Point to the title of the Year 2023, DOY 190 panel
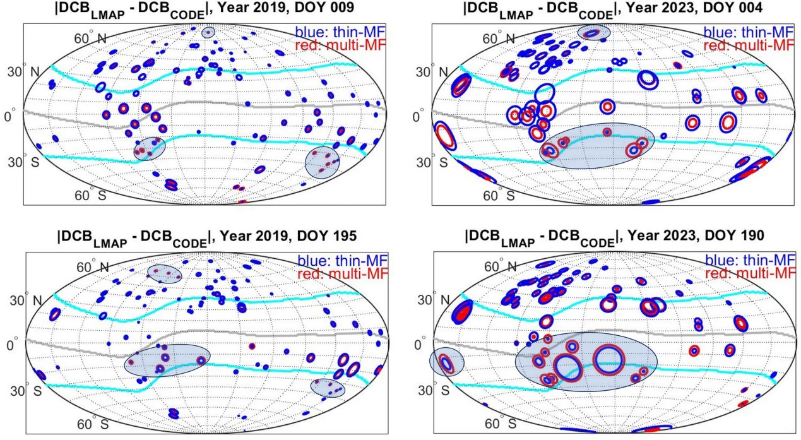pyautogui.click(x=613, y=237)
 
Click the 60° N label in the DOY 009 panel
pyautogui.click(x=93, y=39)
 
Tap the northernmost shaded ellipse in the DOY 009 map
pyautogui.click(x=208, y=32)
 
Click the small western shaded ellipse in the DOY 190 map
pyautogui.click(x=446, y=363)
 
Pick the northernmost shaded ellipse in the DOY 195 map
pyautogui.click(x=164, y=273)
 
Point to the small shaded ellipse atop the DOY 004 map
pyautogui.click(x=594, y=32)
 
